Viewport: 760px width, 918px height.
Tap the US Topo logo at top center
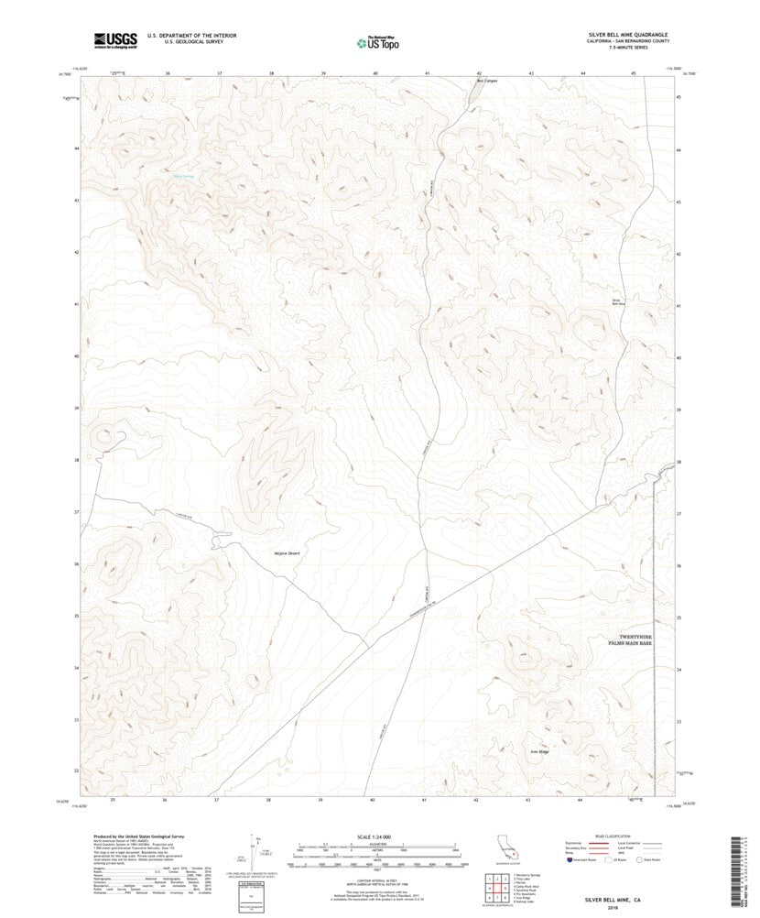(377, 41)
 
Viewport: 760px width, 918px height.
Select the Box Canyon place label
(485, 80)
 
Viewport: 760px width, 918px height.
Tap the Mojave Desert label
(287, 553)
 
